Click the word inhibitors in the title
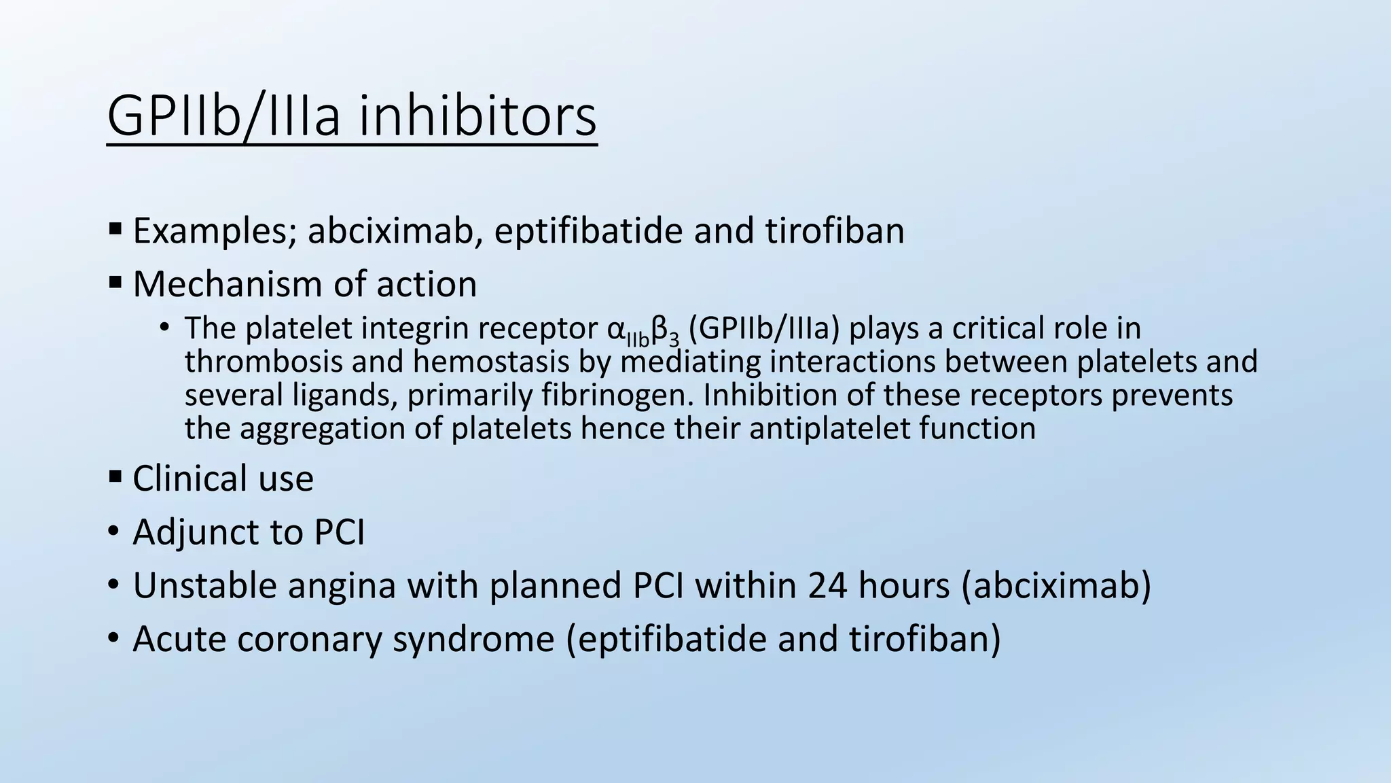pyautogui.click(x=477, y=116)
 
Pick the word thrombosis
pyautogui.click(x=263, y=362)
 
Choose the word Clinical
pyautogui.click(x=179, y=478)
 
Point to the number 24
pyautogui.click(x=827, y=585)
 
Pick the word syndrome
pyautogui.click(x=473, y=639)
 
